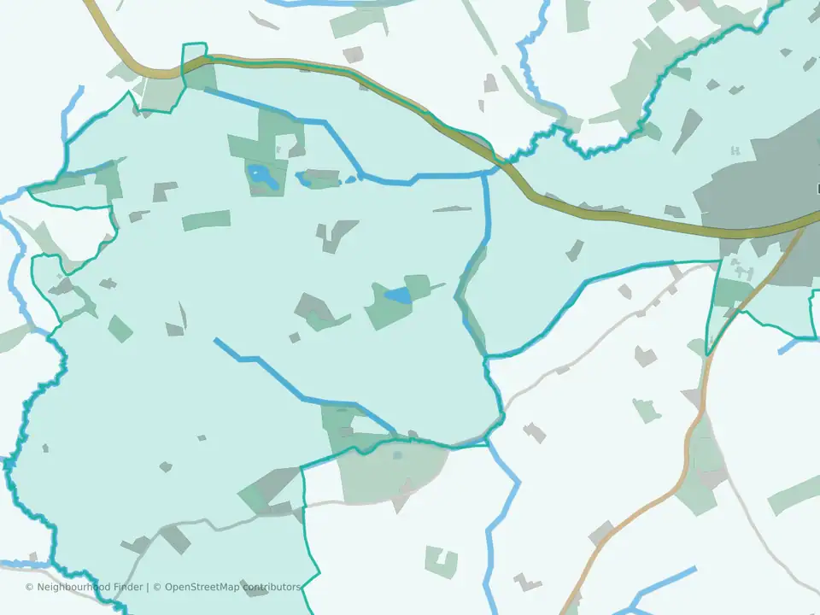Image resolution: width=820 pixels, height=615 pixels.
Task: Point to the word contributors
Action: pyautogui.click(x=271, y=587)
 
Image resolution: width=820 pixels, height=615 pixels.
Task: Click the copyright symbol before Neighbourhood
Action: pyautogui.click(x=29, y=588)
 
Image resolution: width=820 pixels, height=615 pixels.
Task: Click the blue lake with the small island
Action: pyautogui.click(x=261, y=177)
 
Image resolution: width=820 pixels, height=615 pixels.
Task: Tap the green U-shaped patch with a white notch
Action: pyautogui.click(x=442, y=562)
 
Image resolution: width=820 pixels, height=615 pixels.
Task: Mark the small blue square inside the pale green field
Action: pyautogui.click(x=397, y=455)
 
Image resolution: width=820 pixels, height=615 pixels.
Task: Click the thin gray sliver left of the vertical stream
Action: pyautogui.click(x=452, y=208)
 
